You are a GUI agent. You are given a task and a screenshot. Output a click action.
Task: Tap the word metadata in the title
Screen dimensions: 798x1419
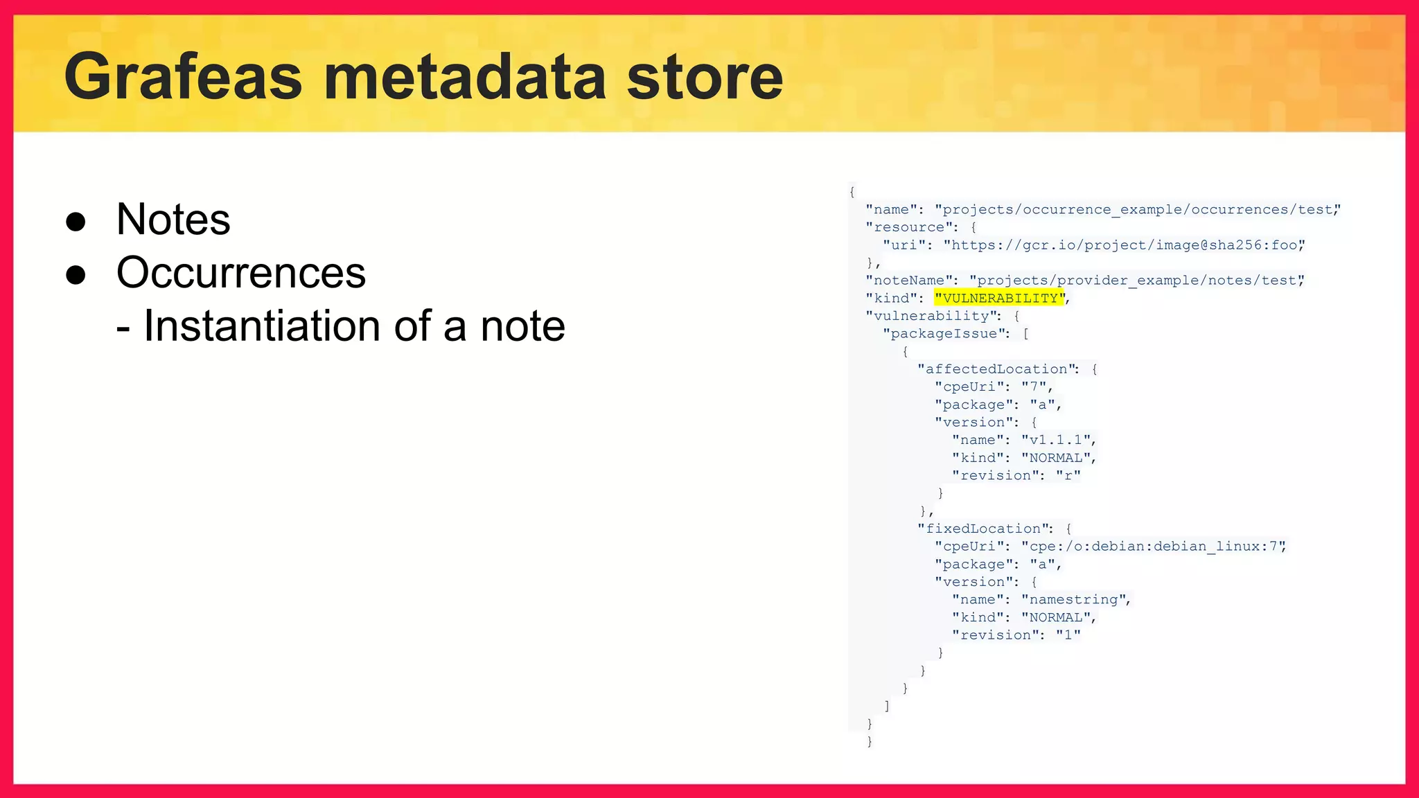tap(464, 78)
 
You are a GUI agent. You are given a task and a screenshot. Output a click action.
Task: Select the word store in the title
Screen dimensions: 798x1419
tap(704, 78)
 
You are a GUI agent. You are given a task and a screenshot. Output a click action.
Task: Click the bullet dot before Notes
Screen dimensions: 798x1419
tap(76, 222)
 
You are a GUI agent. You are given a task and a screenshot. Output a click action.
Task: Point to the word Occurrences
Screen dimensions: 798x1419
tap(240, 272)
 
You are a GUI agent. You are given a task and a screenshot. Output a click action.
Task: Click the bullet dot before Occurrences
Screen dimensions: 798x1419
tap(76, 275)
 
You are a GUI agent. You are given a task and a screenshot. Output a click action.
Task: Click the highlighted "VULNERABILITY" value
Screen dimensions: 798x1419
tap(998, 298)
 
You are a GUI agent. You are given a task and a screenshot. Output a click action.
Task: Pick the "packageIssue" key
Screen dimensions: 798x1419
tap(944, 334)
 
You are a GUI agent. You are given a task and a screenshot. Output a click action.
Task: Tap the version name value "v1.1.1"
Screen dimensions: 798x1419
tap(1056, 440)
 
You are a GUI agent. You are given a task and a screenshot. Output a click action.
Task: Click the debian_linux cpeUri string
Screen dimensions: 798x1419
tap(1152, 547)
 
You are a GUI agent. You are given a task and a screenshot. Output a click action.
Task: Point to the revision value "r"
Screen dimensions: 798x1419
tap(1068, 475)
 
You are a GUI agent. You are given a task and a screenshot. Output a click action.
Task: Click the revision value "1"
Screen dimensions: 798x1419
tap(1068, 635)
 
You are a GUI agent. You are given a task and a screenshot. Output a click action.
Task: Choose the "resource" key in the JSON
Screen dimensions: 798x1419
tap(908, 227)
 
